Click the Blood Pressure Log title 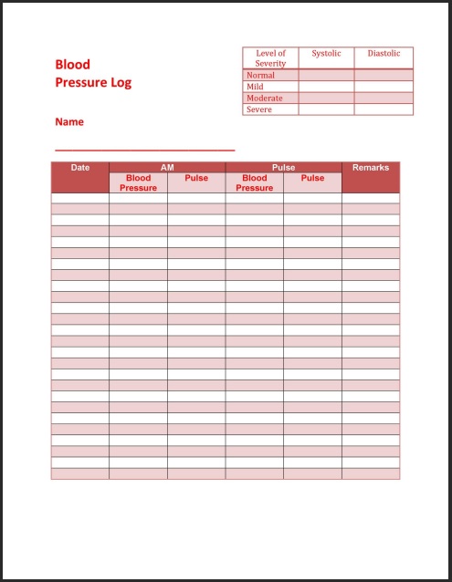click(93, 74)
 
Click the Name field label click(69, 121)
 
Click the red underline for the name click(144, 149)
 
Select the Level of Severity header click(270, 58)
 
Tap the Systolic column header click(326, 54)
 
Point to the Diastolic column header click(384, 54)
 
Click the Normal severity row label click(260, 76)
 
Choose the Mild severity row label click(255, 87)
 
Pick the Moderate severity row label click(264, 99)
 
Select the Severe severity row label click(258, 109)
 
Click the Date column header click(80, 168)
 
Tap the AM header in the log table click(167, 168)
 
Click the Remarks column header click(371, 168)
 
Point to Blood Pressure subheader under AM click(138, 183)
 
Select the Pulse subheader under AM click(196, 179)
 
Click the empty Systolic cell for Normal click(326, 76)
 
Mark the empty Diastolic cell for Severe click(384, 109)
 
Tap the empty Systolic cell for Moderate click(326, 99)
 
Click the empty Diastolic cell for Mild click(384, 87)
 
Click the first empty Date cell click(80, 198)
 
